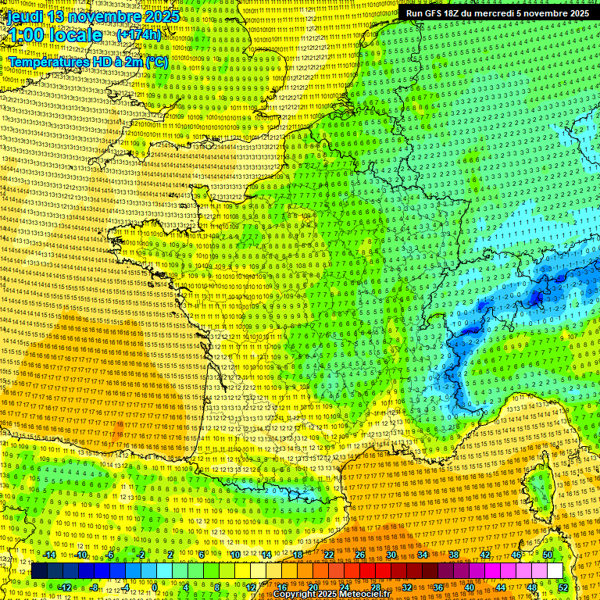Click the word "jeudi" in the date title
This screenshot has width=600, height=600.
[x=25, y=16]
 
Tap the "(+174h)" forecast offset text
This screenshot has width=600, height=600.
[x=138, y=35]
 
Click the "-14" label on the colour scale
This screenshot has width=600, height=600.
[x=48, y=554]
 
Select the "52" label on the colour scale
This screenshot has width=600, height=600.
[x=563, y=587]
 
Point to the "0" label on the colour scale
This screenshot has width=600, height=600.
[x=155, y=587]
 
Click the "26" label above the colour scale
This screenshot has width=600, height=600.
[x=360, y=554]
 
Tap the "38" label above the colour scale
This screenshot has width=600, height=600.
[x=454, y=554]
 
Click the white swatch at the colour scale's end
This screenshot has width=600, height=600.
[x=555, y=570]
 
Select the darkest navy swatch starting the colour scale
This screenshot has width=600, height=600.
[x=39, y=570]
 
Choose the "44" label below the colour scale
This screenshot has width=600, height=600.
[x=501, y=587]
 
